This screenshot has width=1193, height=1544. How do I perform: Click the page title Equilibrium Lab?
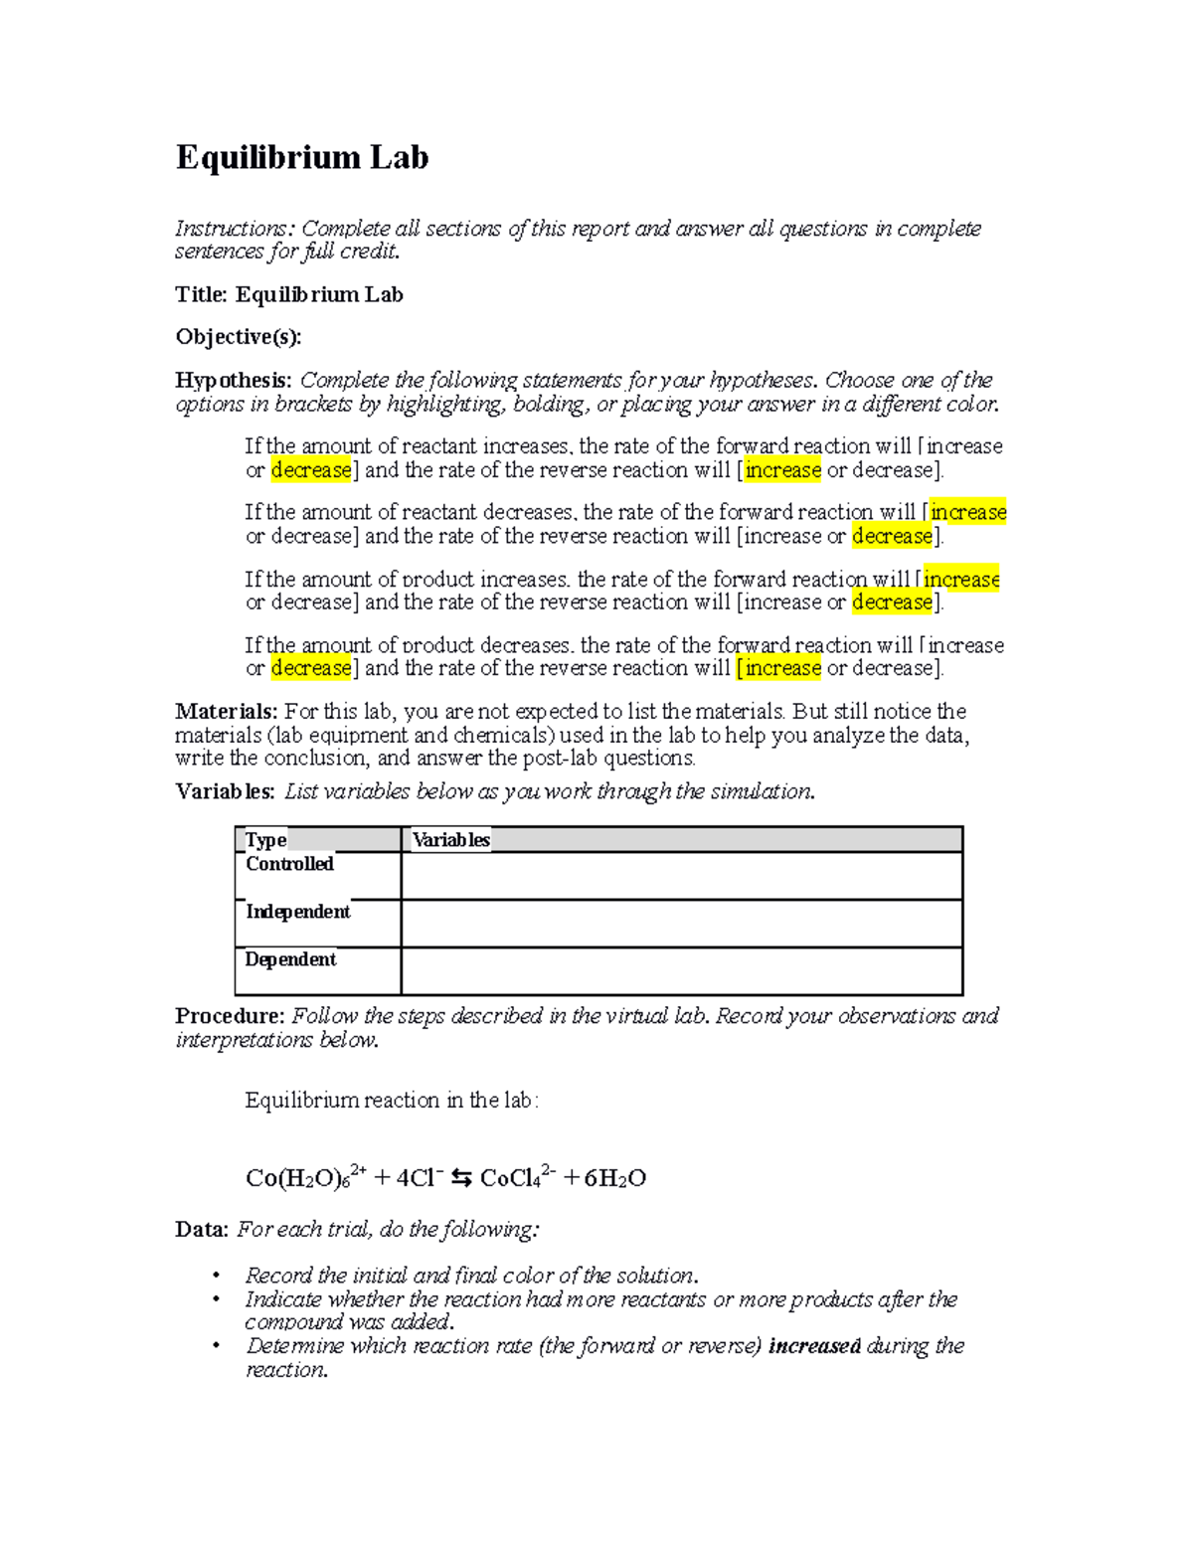302,157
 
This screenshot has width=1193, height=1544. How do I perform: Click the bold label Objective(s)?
238,337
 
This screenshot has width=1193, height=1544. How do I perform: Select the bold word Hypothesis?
234,381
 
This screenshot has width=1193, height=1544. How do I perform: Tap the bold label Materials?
226,712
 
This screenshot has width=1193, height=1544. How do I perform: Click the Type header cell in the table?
265,840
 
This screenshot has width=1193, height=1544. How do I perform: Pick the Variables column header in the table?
451,840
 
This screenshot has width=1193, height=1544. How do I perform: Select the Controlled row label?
289,864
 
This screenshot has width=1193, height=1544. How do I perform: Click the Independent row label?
297,912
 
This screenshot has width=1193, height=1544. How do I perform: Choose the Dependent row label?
290,959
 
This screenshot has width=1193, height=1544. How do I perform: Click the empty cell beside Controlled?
681,876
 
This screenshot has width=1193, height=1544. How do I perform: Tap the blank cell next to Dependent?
681,971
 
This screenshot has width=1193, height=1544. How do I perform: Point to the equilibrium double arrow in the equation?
461,1178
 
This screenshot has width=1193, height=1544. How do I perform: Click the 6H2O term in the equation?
615,1178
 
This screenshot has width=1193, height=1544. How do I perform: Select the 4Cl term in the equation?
419,1178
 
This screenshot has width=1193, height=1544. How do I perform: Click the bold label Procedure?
230,1016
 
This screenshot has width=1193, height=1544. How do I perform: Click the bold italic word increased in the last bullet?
814,1346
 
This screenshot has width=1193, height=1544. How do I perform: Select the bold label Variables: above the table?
225,791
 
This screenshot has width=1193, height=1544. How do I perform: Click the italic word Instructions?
235,229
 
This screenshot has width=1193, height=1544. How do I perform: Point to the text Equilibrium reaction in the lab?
392,1101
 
